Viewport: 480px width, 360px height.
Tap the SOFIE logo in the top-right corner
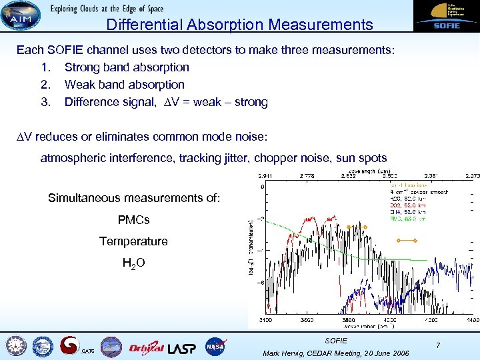coord(445,15)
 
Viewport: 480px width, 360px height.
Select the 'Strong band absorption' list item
coord(127,67)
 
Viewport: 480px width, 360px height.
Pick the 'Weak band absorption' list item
coord(124,85)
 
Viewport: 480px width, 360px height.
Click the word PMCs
coord(133,220)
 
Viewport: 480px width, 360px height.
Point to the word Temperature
coord(133,241)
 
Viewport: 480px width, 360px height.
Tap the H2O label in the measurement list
coord(134,263)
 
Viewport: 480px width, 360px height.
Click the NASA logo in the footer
coord(215,347)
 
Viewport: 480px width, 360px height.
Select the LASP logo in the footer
coord(182,347)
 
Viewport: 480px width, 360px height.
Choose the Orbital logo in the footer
coord(145,347)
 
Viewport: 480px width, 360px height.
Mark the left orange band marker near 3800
coord(359,227)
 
